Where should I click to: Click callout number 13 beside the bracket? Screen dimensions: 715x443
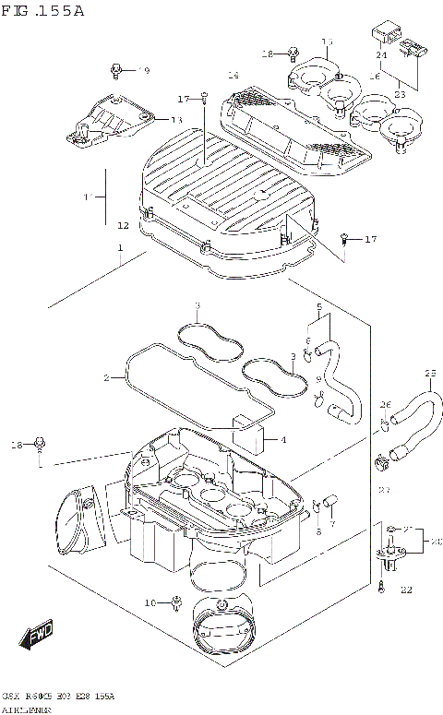point(175,120)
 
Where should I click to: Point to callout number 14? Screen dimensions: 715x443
point(233,75)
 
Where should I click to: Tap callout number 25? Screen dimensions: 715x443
point(429,373)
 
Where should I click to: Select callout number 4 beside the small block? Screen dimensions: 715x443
point(283,438)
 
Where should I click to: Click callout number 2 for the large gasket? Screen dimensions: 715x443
point(106,377)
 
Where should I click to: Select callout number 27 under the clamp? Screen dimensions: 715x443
point(384,490)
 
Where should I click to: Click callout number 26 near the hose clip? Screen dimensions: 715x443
point(386,403)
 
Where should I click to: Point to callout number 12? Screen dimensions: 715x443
point(123,225)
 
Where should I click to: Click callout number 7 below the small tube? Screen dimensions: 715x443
point(333,524)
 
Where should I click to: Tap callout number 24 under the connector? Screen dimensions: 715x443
point(381,54)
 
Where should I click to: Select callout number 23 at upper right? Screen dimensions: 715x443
point(400,93)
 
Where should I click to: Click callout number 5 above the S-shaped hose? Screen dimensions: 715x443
point(318,306)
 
